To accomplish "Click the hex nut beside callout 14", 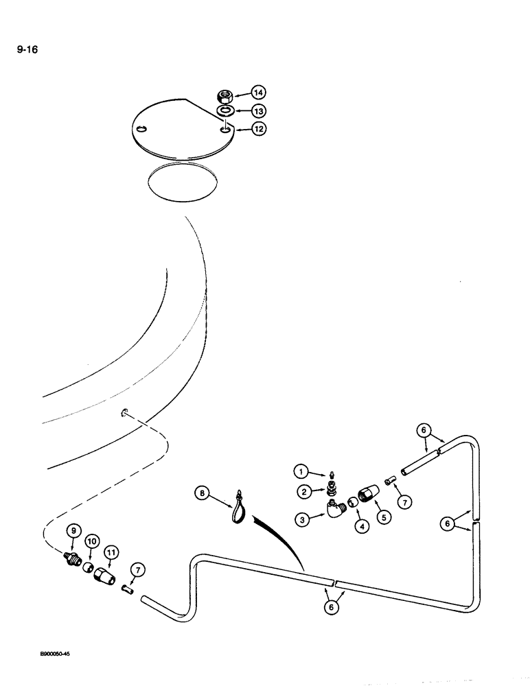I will tap(223, 95).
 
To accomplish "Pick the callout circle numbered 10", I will tap(90, 542).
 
